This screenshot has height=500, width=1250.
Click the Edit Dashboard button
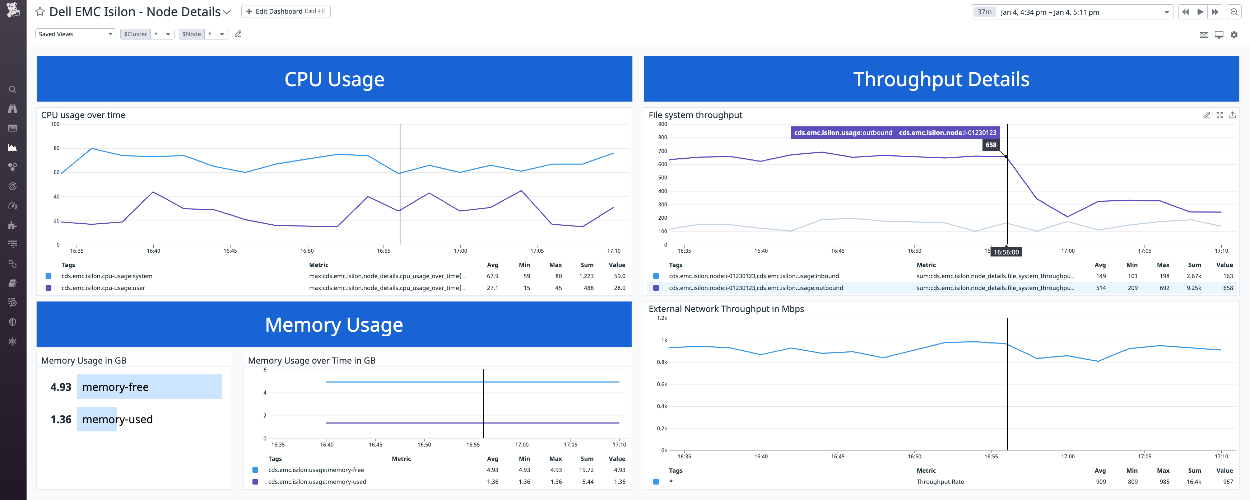click(285, 11)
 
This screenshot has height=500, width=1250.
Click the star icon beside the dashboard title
click(40, 11)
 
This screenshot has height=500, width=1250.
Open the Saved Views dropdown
click(75, 34)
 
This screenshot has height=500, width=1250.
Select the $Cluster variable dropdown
click(147, 34)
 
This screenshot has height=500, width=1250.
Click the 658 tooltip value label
click(990, 145)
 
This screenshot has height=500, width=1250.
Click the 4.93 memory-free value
click(61, 387)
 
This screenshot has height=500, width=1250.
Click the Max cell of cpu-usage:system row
click(558, 276)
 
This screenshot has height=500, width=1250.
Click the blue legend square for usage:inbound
click(656, 276)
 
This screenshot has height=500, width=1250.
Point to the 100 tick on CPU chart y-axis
click(55, 124)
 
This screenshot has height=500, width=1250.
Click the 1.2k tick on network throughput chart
click(661, 318)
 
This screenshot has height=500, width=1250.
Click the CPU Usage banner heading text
click(334, 79)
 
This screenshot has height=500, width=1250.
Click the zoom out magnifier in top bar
click(1233, 11)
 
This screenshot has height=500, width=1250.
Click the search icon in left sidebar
click(13, 90)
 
